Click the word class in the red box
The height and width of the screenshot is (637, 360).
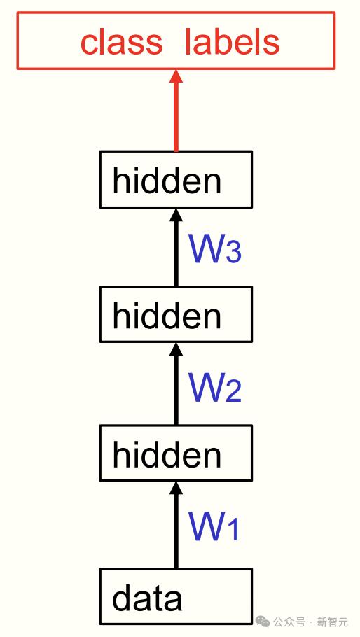pyautogui.click(x=121, y=42)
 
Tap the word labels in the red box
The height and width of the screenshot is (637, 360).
pyautogui.click(x=233, y=42)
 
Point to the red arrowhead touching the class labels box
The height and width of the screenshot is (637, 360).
pyautogui.click(x=176, y=77)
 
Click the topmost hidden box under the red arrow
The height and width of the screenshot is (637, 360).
pyautogui.click(x=176, y=180)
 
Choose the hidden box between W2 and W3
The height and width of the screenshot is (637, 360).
pyautogui.click(x=176, y=314)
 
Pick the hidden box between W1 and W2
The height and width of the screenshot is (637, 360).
pyautogui.click(x=176, y=453)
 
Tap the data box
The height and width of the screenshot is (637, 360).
pyautogui.click(x=176, y=596)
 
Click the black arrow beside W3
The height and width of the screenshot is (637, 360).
pyautogui.click(x=176, y=247)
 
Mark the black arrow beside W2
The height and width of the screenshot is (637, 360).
pyautogui.click(x=176, y=384)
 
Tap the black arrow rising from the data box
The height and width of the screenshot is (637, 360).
pyautogui.click(x=176, y=525)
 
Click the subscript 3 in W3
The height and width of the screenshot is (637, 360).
pyautogui.click(x=233, y=252)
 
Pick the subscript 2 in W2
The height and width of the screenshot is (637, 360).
pyautogui.click(x=233, y=391)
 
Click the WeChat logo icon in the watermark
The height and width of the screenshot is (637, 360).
pyautogui.click(x=263, y=622)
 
